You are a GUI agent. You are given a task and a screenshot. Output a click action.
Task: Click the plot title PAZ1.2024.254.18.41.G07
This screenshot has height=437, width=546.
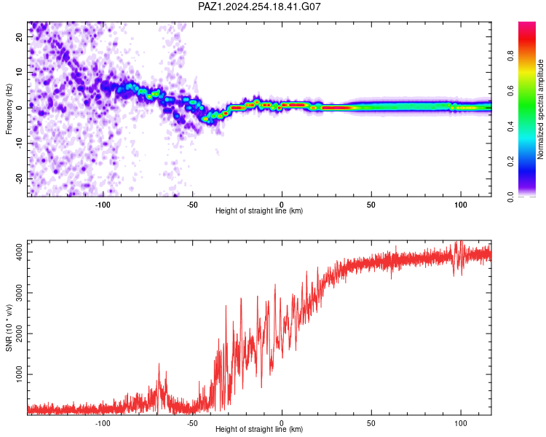259,7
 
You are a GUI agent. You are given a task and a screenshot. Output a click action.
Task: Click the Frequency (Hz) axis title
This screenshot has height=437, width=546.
9,109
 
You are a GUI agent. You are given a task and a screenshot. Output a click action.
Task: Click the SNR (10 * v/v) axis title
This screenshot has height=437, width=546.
9,328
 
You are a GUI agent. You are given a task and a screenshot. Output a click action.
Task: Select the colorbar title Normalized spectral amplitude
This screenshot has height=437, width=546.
540,109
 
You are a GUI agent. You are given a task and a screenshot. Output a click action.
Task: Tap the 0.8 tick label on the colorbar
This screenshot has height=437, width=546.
510,56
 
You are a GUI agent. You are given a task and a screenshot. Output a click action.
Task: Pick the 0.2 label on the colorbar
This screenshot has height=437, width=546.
510,162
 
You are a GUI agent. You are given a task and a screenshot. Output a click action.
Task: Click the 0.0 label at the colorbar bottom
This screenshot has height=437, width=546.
510,197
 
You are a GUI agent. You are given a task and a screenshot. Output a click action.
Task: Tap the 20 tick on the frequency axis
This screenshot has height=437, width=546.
19,37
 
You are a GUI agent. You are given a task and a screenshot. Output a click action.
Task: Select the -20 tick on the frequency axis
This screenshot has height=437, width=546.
19,178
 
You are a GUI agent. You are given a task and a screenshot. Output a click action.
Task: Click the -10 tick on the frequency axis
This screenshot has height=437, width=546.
19,143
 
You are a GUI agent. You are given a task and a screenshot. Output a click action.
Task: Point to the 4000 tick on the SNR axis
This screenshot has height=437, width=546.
19,252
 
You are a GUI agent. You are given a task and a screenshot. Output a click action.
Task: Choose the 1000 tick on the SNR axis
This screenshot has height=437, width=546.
19,374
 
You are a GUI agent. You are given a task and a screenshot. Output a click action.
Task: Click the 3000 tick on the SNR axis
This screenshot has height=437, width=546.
19,293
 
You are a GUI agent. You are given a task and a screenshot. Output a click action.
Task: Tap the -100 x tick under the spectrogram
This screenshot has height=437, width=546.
103,205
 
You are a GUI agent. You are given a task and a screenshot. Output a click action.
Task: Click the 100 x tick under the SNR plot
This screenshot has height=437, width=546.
461,423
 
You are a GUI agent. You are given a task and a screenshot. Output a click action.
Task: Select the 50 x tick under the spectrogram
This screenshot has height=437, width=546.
371,205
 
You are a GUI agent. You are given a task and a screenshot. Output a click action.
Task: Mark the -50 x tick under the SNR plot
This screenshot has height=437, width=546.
192,423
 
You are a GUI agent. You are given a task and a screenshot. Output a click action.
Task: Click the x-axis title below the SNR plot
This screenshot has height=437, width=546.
259,429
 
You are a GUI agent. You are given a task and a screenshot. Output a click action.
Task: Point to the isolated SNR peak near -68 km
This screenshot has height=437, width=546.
159,364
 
